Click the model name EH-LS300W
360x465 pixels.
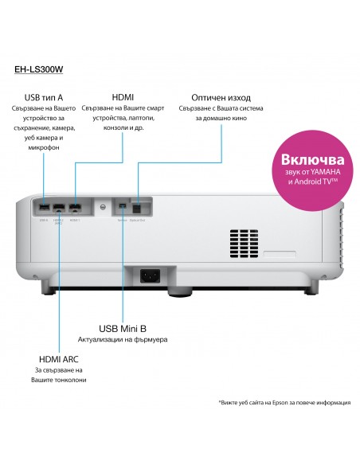coord(40,69)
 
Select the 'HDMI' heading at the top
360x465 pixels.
coord(123,94)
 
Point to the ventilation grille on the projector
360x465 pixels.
coord(244,244)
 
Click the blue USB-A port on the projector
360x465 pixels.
coord(44,206)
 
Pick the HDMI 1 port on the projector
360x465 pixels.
coord(74,207)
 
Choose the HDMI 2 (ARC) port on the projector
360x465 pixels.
coord(58,207)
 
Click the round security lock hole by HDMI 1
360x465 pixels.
coord(102,207)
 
